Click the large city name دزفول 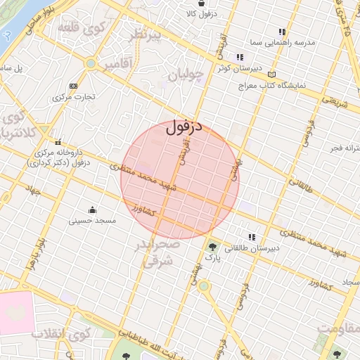(x=184, y=128)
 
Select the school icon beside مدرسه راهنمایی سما (x=282, y=32)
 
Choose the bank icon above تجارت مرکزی (x=73, y=86)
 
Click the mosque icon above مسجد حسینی (x=92, y=210)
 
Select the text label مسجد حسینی (x=92, y=221)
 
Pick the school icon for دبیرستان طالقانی (x=251, y=237)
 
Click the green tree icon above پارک (x=212, y=247)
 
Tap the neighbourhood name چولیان (x=186, y=72)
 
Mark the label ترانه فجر (x=345, y=149)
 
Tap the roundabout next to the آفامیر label (x=90, y=64)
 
